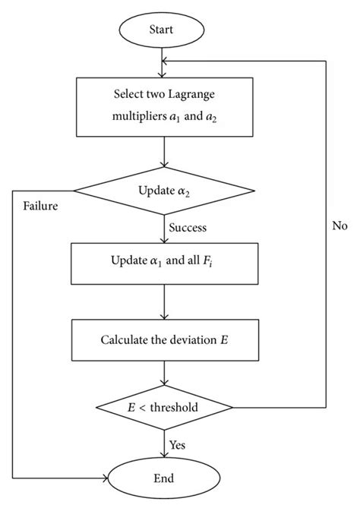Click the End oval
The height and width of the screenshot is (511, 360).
pyautogui.click(x=164, y=478)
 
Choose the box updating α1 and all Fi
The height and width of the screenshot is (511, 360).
pyautogui.click(x=164, y=263)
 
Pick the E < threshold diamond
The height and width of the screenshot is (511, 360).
pyautogui.click(x=164, y=408)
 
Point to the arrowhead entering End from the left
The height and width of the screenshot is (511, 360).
pyautogui.click(x=105, y=478)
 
